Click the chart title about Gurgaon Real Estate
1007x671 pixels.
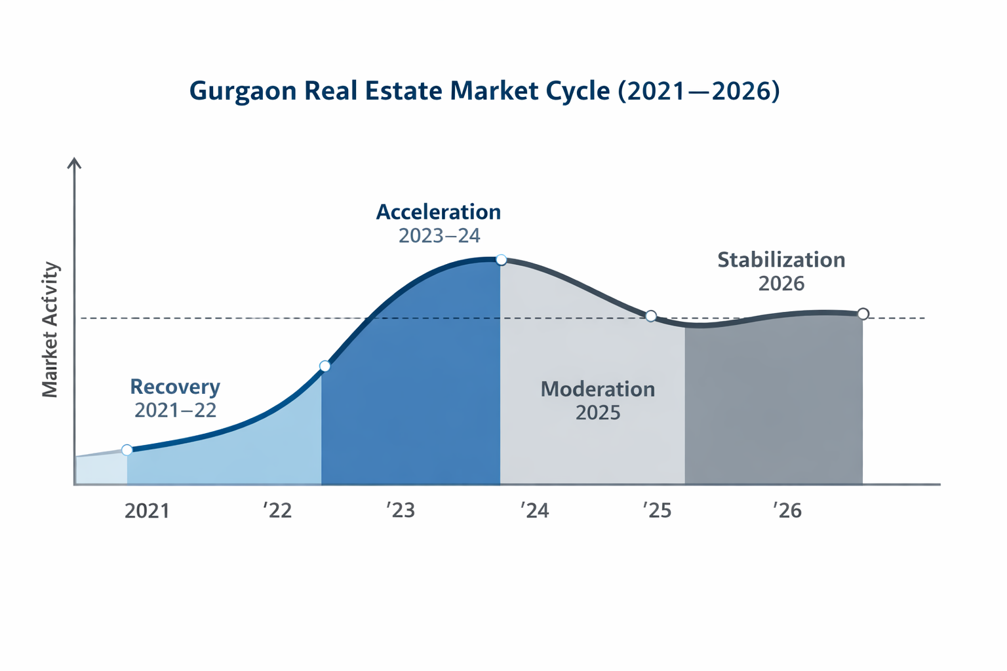pyautogui.click(x=484, y=91)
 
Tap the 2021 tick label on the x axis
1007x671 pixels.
pyautogui.click(x=147, y=511)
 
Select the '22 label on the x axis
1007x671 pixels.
pyautogui.click(x=277, y=511)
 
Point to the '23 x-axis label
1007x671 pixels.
pyautogui.click(x=401, y=510)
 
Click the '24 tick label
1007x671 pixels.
pyautogui.click(x=534, y=510)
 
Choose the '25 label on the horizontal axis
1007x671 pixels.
pyautogui.click(x=657, y=510)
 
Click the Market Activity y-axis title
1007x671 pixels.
pyautogui.click(x=50, y=330)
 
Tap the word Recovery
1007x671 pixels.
pyautogui.click(x=175, y=387)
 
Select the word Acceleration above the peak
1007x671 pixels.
pyautogui.click(x=438, y=212)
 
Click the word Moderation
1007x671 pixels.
pyautogui.click(x=597, y=389)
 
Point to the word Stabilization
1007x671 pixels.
pyautogui.click(x=781, y=260)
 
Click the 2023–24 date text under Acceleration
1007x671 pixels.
pyautogui.click(x=439, y=236)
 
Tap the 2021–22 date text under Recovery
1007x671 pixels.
pyautogui.click(x=175, y=410)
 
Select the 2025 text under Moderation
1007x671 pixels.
pyautogui.click(x=597, y=413)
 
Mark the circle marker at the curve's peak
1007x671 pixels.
pyautogui.click(x=501, y=260)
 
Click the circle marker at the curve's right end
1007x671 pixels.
pyautogui.click(x=863, y=314)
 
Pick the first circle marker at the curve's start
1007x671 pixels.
pyautogui.click(x=127, y=450)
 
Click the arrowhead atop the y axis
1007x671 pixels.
pyautogui.click(x=75, y=163)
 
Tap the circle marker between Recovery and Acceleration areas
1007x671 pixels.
pyautogui.click(x=325, y=366)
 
